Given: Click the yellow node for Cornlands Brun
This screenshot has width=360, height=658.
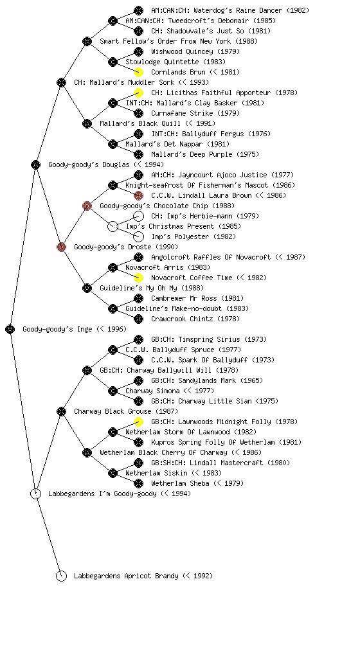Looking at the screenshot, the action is click(x=138, y=72).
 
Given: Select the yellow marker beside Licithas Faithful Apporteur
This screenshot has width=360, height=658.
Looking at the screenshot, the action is click(x=138, y=93).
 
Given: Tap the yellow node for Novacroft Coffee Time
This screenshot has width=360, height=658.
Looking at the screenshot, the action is click(x=138, y=278).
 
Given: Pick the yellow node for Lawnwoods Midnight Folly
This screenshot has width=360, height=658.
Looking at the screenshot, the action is click(x=138, y=422).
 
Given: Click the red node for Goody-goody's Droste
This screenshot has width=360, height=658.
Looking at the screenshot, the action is click(x=61, y=247).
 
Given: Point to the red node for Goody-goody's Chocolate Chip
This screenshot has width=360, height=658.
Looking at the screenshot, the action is click(x=87, y=206).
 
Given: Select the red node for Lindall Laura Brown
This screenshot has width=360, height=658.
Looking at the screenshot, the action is click(x=138, y=195).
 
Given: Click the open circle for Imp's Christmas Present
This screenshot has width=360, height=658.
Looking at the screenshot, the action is click(x=113, y=226).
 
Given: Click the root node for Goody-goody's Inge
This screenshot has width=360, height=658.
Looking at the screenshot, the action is click(x=10, y=329).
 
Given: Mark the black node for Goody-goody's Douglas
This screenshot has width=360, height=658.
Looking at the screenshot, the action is click(x=35, y=164).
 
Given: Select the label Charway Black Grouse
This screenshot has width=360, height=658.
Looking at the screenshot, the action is click(x=113, y=411).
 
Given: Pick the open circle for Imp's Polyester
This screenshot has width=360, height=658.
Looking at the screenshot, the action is click(x=138, y=236).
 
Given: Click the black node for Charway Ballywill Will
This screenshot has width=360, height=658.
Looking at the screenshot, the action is click(x=87, y=370).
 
